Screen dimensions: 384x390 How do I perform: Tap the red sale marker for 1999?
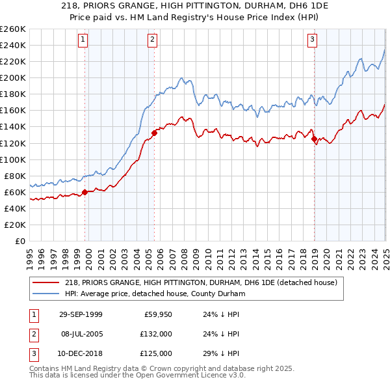click(85, 192)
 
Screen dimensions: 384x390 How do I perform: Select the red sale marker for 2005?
click(154, 133)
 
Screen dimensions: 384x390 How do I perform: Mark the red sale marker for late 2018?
click(314, 139)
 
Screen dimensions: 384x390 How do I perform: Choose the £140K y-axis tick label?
click(14, 127)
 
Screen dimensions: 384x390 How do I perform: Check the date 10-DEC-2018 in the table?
click(81, 353)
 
